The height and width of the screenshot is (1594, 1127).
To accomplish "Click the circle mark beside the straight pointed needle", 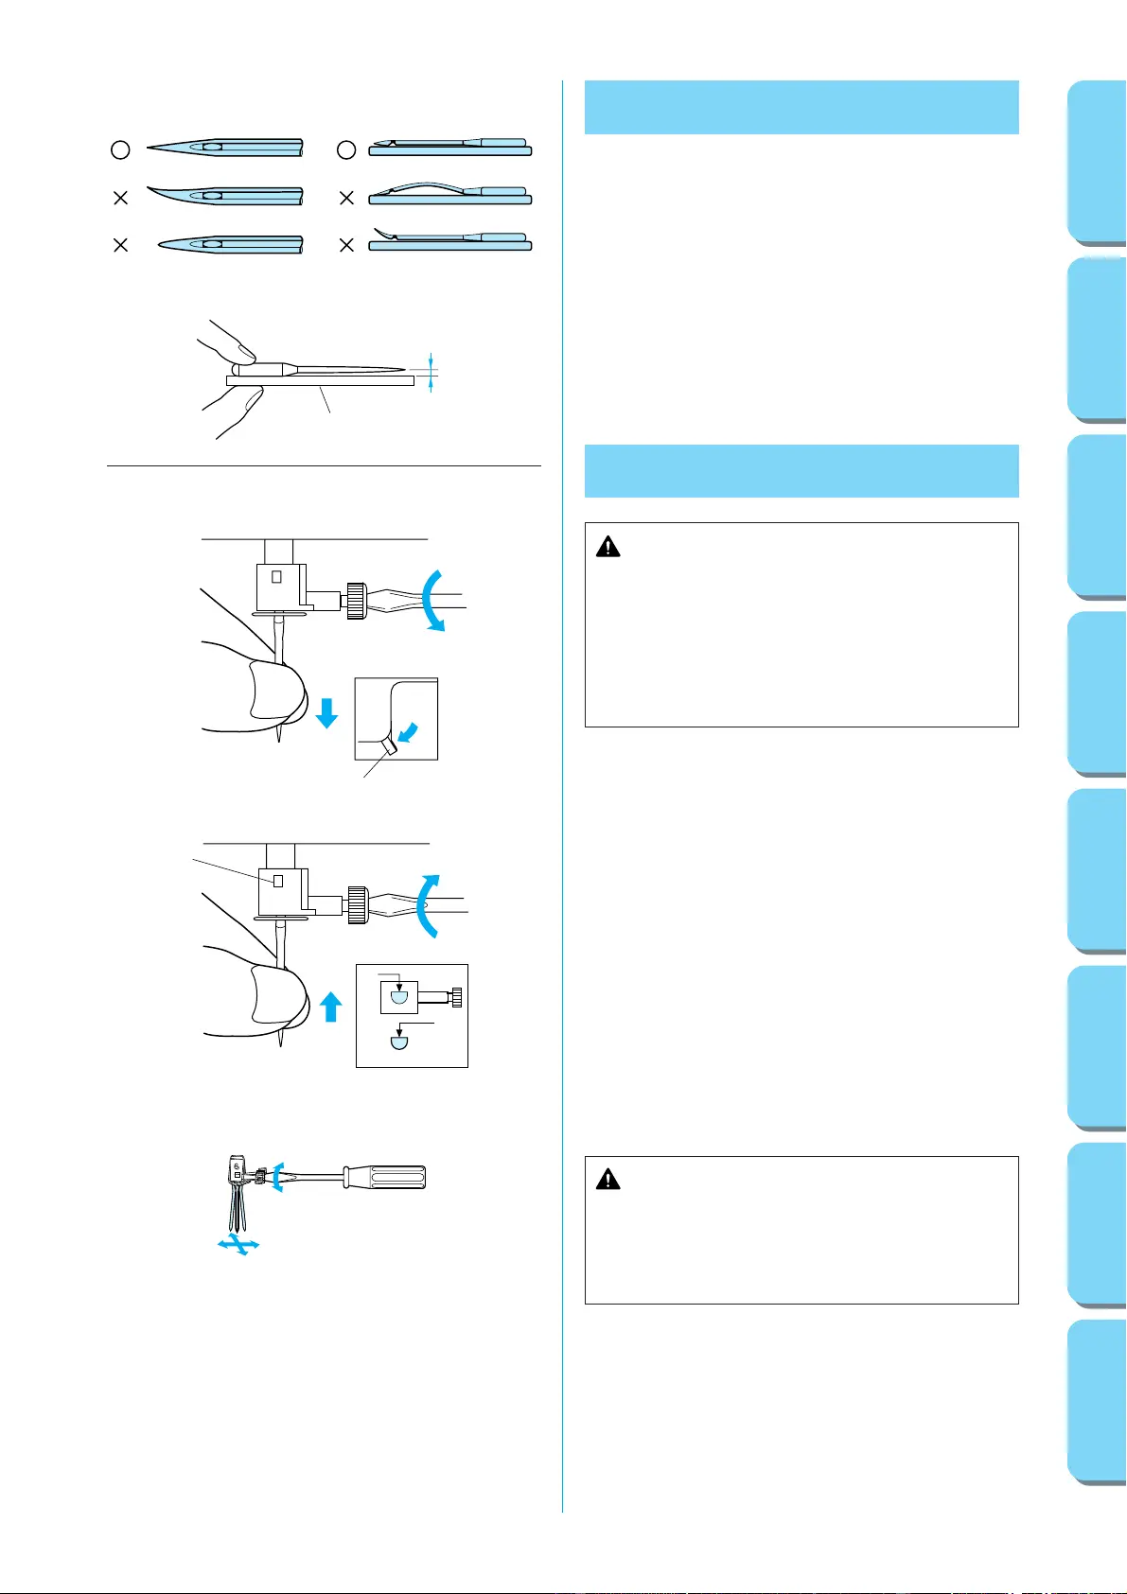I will pos(120,149).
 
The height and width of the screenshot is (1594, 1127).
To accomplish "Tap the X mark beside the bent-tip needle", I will pos(120,198).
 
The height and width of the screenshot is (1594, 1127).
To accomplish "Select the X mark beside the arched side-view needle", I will pos(346,198).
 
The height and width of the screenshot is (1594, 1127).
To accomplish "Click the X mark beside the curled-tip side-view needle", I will pos(346,245).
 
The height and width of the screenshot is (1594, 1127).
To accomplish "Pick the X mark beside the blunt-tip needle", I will pos(120,245).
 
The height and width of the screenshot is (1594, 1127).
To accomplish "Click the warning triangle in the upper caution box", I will pos(608,547).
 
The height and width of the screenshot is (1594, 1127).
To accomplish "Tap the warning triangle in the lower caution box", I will pos(608,1180).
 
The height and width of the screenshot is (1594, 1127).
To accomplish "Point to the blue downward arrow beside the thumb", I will pos(326,712).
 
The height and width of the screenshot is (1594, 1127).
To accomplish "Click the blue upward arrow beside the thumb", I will pos(330,1006).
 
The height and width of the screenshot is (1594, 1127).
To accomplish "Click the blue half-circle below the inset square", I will pos(398,1042).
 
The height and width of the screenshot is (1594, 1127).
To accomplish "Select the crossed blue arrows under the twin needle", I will pos(238,1246).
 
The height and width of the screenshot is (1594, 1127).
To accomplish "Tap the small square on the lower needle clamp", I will pos(277,881).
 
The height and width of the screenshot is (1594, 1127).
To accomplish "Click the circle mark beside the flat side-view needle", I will pos(346,149).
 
